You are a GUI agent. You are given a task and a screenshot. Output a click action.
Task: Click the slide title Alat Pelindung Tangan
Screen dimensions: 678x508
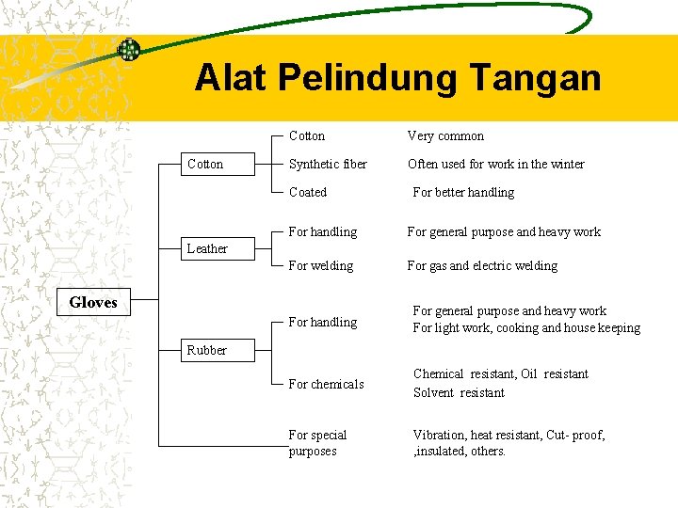click(397, 77)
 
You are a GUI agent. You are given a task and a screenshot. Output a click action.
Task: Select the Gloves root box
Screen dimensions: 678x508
click(93, 302)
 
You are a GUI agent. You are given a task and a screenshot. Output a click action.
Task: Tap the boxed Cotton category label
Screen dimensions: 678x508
click(205, 164)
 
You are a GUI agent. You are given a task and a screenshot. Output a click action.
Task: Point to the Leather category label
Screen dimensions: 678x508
click(206, 248)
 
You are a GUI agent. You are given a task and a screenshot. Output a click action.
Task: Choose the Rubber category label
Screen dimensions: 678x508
click(206, 350)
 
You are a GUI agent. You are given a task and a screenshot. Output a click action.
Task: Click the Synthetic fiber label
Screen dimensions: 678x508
click(328, 164)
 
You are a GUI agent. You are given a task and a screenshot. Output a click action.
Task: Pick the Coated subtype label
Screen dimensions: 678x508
click(308, 192)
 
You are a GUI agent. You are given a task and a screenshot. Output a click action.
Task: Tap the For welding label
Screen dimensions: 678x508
click(321, 265)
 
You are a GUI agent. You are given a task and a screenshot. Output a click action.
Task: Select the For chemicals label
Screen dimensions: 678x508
click(326, 384)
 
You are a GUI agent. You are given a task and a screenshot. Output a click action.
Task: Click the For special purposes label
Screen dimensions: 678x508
click(317, 443)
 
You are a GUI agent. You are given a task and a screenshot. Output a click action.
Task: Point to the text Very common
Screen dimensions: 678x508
click(445, 135)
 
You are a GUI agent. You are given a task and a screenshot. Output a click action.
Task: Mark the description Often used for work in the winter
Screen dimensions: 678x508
click(495, 164)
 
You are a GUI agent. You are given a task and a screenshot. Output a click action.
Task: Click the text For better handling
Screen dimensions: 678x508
click(463, 192)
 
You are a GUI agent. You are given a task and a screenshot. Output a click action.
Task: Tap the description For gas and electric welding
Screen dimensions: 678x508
click(482, 265)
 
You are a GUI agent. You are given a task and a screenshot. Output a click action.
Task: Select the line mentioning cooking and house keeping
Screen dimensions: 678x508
click(526, 328)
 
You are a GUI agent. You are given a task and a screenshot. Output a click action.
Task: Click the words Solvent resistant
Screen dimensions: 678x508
click(459, 392)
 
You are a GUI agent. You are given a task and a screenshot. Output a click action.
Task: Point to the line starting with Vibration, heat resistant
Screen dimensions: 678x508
click(508, 435)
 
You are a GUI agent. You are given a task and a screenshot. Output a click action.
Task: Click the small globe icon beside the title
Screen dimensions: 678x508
click(128, 50)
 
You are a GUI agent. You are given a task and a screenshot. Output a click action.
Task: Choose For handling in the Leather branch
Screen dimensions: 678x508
click(323, 231)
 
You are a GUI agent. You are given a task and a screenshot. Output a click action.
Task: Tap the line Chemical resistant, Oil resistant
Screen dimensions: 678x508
click(500, 373)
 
